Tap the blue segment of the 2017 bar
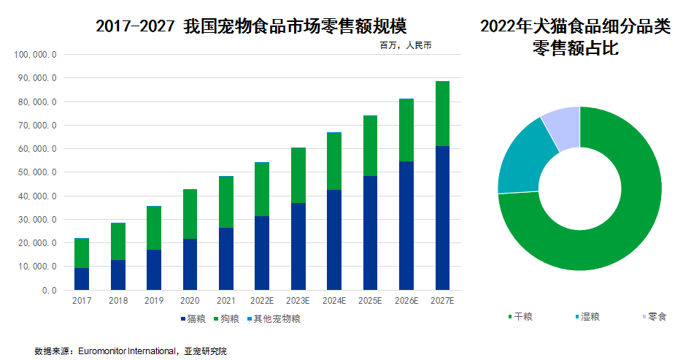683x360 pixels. (x=82, y=278)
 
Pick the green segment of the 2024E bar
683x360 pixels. (x=333, y=161)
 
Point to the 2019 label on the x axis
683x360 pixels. (x=154, y=300)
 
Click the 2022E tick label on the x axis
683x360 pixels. (x=262, y=300)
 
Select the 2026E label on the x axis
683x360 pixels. (x=406, y=300)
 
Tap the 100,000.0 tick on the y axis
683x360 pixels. (x=36, y=55)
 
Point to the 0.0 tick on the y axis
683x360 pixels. (x=48, y=291)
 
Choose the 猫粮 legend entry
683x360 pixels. (x=193, y=318)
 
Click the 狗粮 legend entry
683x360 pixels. (x=226, y=318)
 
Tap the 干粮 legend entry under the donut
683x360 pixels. (x=520, y=317)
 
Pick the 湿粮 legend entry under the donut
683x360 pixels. (x=588, y=317)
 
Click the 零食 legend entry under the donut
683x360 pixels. (x=654, y=317)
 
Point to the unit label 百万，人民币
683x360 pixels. (x=406, y=45)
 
